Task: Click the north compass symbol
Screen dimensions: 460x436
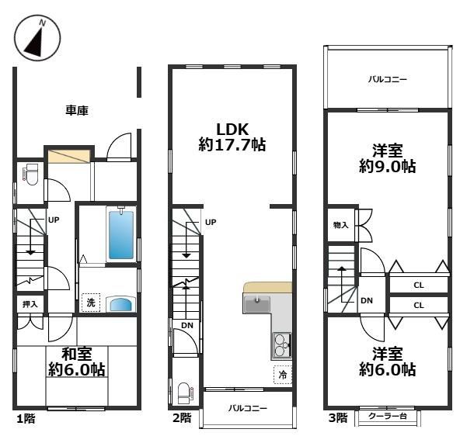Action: [37, 38]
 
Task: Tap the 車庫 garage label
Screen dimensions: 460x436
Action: [77, 110]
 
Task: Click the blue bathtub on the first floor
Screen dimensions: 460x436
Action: [121, 235]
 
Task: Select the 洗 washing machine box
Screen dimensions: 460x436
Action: [91, 303]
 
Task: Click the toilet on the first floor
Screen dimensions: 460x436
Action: [31, 175]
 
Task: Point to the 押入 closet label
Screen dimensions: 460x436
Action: [30, 304]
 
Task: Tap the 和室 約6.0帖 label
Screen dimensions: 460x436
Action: [77, 362]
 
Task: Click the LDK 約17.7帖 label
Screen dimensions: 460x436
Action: [232, 137]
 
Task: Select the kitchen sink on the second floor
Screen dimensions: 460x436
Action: [256, 304]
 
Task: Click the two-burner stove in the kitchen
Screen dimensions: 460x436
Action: [281, 346]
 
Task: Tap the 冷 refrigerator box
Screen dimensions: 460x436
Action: [283, 375]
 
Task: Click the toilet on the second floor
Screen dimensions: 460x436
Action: [186, 393]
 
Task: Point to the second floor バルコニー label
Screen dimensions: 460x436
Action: [248, 408]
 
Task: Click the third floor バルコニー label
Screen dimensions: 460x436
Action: [388, 79]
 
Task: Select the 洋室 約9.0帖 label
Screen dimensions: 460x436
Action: [387, 158]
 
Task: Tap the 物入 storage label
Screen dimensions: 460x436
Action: [340, 225]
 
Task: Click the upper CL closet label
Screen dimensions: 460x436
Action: [419, 285]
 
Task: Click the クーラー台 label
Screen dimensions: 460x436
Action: [388, 416]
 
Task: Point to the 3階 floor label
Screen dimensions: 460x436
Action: [338, 418]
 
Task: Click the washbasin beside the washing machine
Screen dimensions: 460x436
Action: [121, 305]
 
